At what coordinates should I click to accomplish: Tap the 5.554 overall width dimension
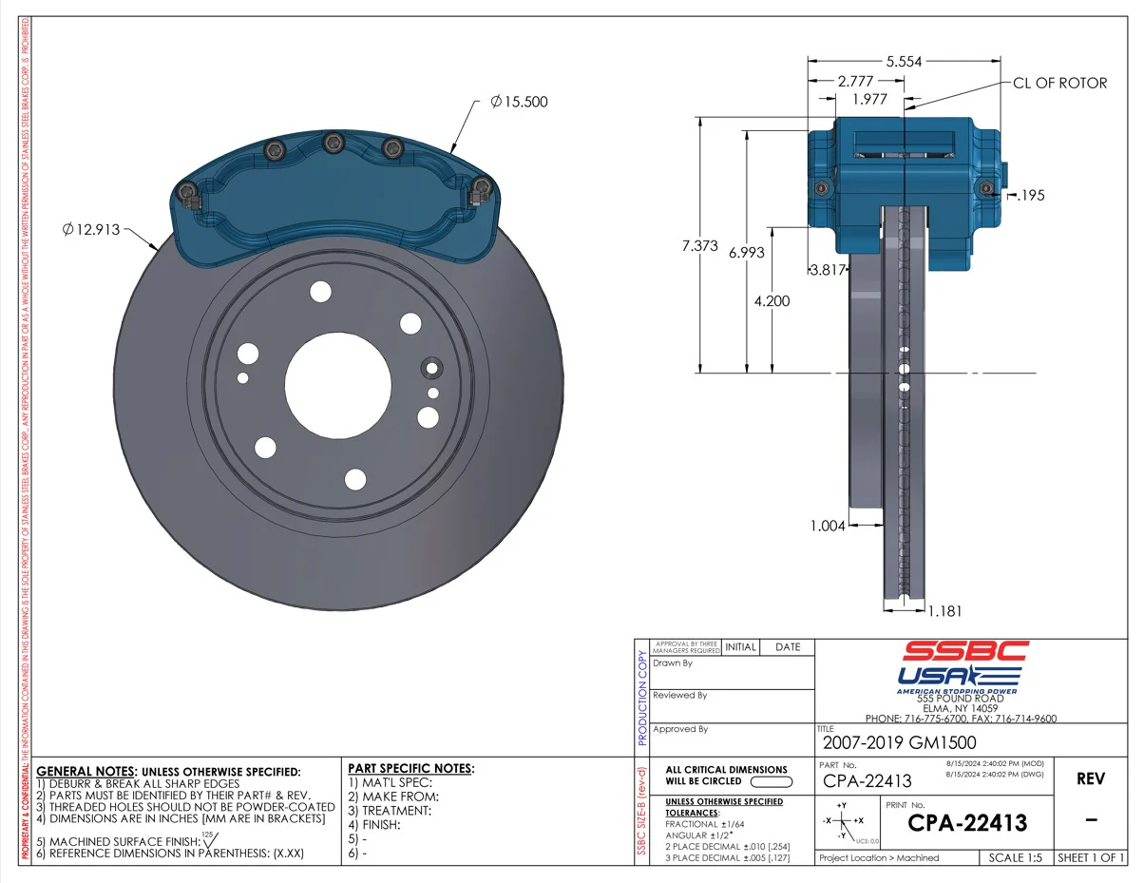point(903,62)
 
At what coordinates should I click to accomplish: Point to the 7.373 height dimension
point(701,246)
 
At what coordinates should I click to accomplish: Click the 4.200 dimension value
point(771,300)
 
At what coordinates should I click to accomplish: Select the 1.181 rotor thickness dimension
point(952,611)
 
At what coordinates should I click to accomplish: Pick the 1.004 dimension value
point(828,526)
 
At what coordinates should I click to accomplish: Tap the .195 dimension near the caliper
point(1030,196)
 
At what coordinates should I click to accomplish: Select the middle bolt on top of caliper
point(333,144)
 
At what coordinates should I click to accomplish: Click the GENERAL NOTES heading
point(86,771)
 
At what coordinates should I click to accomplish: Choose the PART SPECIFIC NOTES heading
point(410,768)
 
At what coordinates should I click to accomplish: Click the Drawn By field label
point(673,663)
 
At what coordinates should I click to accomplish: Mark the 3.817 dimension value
point(827,270)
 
